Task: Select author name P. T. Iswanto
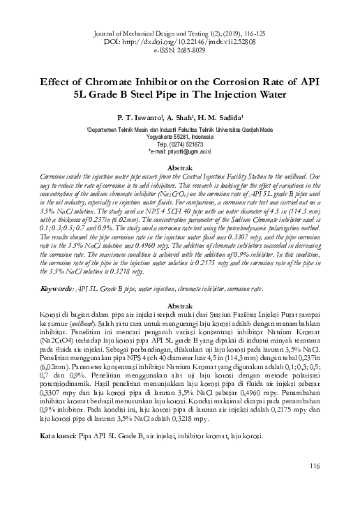point(139,118)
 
